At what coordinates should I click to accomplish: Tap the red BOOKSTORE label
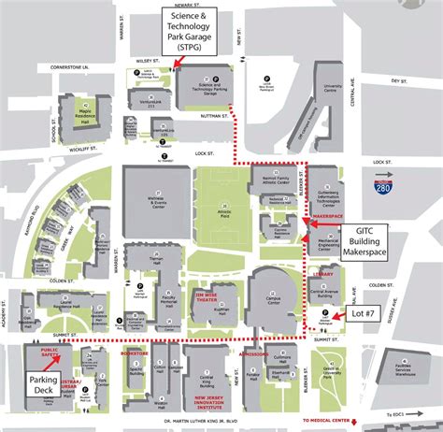135,353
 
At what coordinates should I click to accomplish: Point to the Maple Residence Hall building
83,109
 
